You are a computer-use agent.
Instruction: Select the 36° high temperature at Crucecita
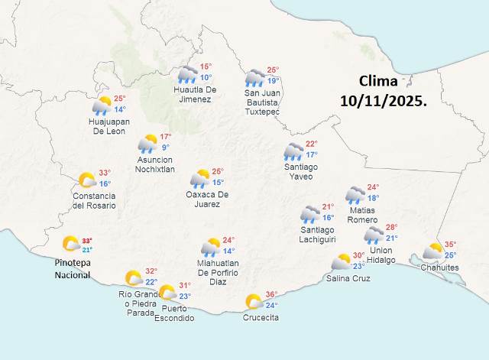[x=271, y=294]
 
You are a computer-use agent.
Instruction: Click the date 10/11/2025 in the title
[x=384, y=100]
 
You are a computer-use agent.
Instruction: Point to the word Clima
[x=379, y=81]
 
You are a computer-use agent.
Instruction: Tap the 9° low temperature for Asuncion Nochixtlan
[x=165, y=148]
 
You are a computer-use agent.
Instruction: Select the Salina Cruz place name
[x=348, y=278]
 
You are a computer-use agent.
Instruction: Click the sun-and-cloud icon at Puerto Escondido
[x=167, y=292]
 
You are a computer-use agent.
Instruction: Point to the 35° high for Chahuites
[x=450, y=245]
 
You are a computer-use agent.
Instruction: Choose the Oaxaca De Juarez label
[x=208, y=199]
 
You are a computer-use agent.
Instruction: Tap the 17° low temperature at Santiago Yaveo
[x=311, y=155]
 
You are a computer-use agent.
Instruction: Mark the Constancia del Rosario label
[x=94, y=200]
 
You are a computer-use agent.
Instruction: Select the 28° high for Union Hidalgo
[x=391, y=227]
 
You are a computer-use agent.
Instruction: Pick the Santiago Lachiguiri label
[x=318, y=235]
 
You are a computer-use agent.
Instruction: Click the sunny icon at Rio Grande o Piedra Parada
[x=134, y=278]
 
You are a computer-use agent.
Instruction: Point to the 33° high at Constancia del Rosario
[x=105, y=173]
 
